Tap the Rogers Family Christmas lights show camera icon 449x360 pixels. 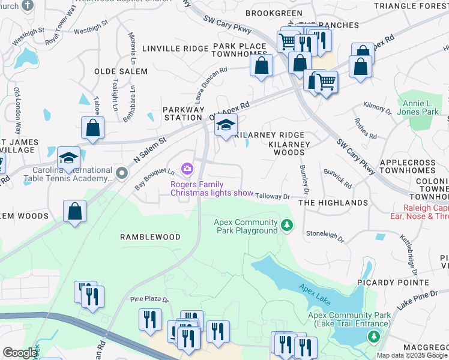coord(188,169)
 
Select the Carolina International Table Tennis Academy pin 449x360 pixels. coord(122,173)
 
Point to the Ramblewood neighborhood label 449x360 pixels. coord(150,237)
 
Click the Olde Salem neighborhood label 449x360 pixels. coord(121,71)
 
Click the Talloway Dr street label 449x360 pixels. coord(273,196)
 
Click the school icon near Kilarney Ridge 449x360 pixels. coord(226,125)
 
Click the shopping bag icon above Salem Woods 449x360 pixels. coord(75,212)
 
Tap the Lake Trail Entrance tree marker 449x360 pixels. coord(375,337)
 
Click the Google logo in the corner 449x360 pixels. coord(19,353)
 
